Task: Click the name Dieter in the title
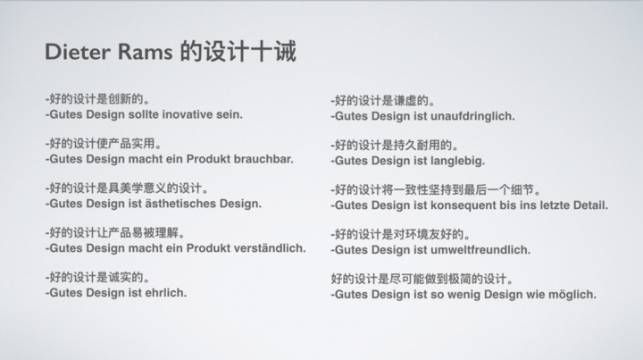tap(78, 52)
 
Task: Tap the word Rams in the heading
tap(146, 52)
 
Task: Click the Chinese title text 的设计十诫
tap(238, 51)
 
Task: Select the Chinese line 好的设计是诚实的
tap(97, 278)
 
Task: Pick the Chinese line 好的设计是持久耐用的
tap(395, 145)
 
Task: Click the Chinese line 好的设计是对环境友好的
tap(400, 235)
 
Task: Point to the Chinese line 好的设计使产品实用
tap(103, 144)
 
